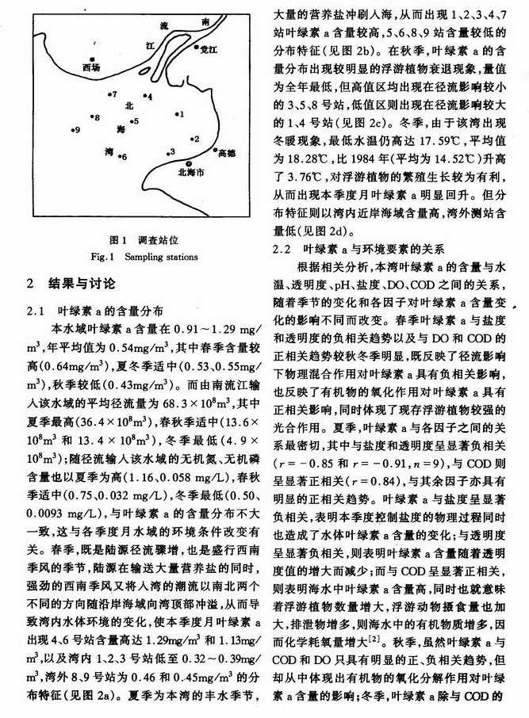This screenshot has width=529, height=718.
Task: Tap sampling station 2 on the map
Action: coord(189,139)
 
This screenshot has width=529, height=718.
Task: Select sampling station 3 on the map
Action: coord(165,152)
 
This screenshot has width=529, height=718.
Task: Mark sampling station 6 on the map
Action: coord(117,157)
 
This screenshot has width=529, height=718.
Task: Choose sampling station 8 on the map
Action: coord(90,117)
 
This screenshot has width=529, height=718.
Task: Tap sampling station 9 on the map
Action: coord(72,130)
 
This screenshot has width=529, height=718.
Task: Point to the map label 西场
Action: coord(92,69)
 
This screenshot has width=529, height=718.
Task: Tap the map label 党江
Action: coord(208,49)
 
